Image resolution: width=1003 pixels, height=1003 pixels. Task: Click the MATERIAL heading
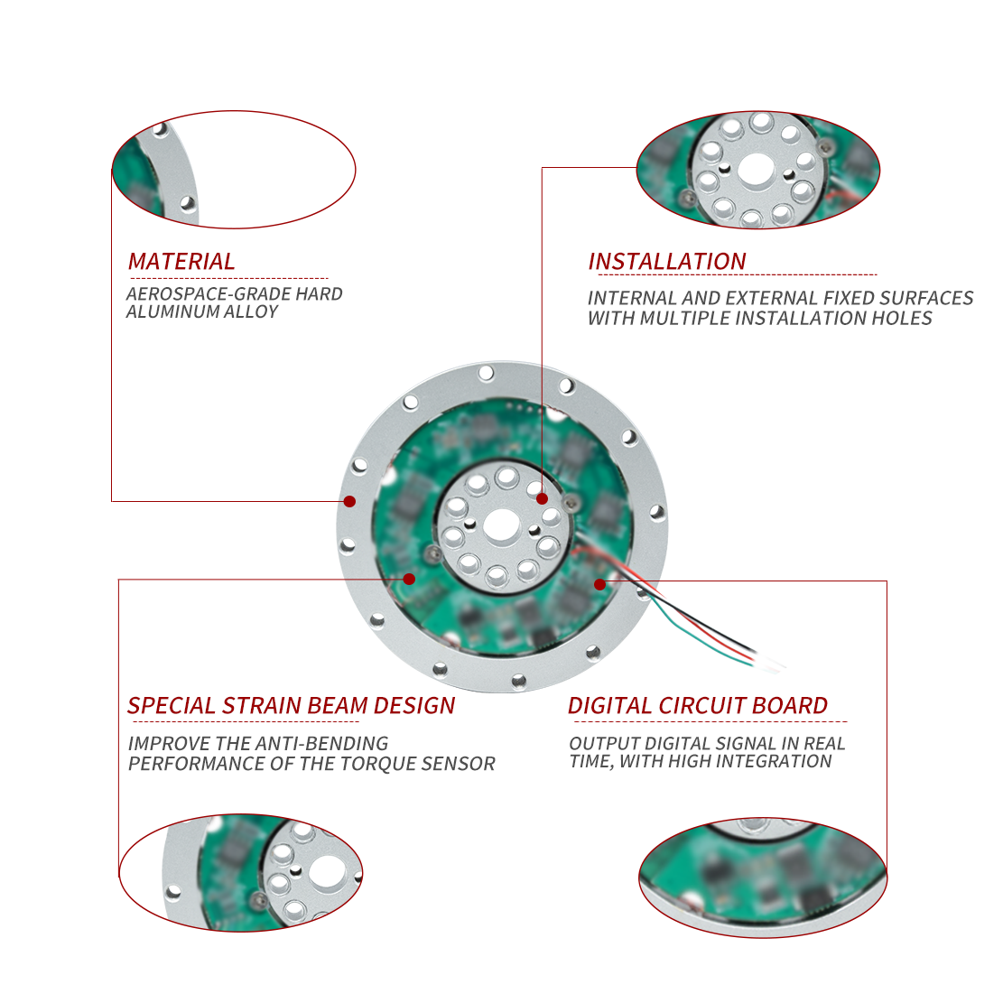click(x=181, y=261)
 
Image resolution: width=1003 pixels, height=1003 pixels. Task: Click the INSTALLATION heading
click(x=667, y=261)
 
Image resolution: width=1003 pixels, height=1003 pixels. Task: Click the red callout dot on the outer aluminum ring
click(x=349, y=502)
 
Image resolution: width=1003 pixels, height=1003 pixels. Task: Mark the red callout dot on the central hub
click(x=542, y=499)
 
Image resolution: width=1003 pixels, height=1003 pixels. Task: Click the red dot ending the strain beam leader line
click(x=409, y=579)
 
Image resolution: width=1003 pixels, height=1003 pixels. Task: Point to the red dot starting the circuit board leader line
click(x=599, y=584)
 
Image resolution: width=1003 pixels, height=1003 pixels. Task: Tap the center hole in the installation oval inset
click(x=757, y=171)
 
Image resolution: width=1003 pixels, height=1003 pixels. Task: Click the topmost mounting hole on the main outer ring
click(x=486, y=373)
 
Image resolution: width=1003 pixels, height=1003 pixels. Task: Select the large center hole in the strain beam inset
click(x=328, y=872)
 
